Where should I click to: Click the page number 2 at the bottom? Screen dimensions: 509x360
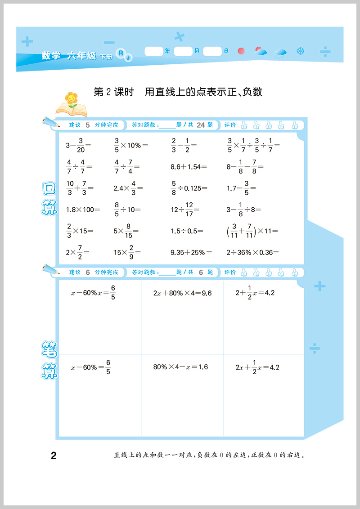pyautogui.click(x=54, y=456)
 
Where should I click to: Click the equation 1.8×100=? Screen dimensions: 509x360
pyautogui.click(x=83, y=209)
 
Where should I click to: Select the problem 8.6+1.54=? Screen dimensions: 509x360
pyautogui.click(x=189, y=167)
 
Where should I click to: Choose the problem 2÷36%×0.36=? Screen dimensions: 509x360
pyautogui.click(x=252, y=253)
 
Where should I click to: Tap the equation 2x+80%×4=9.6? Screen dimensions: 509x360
pyautogui.click(x=182, y=293)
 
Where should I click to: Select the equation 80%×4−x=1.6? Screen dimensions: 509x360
pyautogui.click(x=180, y=367)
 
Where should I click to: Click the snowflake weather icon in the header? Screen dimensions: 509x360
pyautogui.click(x=300, y=51)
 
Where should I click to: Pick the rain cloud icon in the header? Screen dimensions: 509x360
pyautogui.click(x=281, y=53)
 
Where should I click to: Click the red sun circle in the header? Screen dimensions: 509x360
pyautogui.click(x=241, y=51)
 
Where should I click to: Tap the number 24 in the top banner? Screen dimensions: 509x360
pyautogui.click(x=201, y=125)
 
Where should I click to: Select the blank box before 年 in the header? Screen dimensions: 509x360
pyautogui.click(x=154, y=51)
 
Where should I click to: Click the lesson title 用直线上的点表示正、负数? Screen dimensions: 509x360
pyautogui.click(x=203, y=92)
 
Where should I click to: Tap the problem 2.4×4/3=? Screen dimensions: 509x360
pyautogui.click(x=127, y=188)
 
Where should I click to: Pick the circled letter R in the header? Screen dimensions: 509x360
pyautogui.click(x=121, y=53)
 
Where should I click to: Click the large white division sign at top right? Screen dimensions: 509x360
pyautogui.click(x=325, y=53)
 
